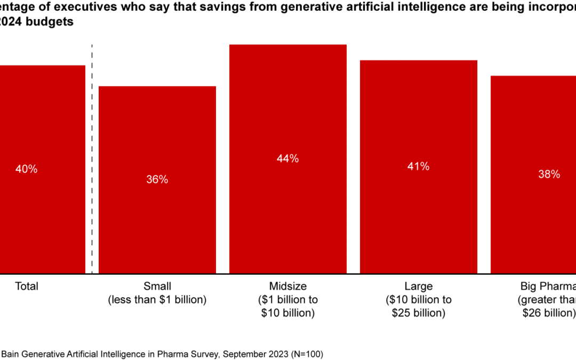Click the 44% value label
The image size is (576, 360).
pyautogui.click(x=288, y=158)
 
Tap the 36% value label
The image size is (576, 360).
pyautogui.click(x=157, y=180)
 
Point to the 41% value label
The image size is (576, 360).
pyautogui.click(x=419, y=166)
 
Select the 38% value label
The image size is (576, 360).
pyautogui.click(x=549, y=174)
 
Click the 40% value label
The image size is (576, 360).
pyautogui.click(x=27, y=169)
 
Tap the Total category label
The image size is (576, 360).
pyautogui.click(x=27, y=286)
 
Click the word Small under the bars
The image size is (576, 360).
pyautogui.click(x=157, y=286)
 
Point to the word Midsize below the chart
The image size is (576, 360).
pyautogui.click(x=288, y=286)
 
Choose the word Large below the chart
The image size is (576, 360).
pyautogui.click(x=419, y=286)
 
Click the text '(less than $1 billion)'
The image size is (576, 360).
pyautogui.click(x=157, y=300)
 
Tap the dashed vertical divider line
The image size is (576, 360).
pyautogui.click(x=92, y=160)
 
